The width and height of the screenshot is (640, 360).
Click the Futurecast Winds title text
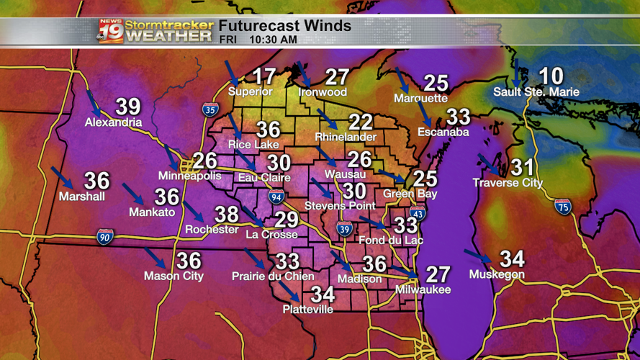(285, 26)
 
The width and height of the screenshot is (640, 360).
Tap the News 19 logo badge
(111, 31)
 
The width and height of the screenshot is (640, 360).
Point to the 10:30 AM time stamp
(273, 40)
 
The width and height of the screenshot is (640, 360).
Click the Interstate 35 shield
(210, 109)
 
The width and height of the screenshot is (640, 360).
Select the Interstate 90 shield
(105, 237)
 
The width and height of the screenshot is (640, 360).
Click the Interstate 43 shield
(418, 213)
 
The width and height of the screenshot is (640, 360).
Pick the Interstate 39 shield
(345, 229)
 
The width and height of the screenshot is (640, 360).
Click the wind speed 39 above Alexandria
(128, 107)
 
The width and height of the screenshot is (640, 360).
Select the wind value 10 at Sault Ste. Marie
(551, 76)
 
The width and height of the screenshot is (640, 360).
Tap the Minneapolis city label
(189, 176)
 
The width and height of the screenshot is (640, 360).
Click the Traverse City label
(508, 183)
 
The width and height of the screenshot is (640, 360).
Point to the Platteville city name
(307, 309)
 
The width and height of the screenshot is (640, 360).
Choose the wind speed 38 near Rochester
(227, 214)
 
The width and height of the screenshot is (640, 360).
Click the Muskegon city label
(497, 274)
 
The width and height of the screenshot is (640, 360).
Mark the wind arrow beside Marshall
(62, 177)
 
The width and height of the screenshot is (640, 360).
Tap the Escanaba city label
(443, 132)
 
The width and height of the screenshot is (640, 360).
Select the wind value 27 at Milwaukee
(438, 274)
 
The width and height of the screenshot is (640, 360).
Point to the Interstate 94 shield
(276, 196)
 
